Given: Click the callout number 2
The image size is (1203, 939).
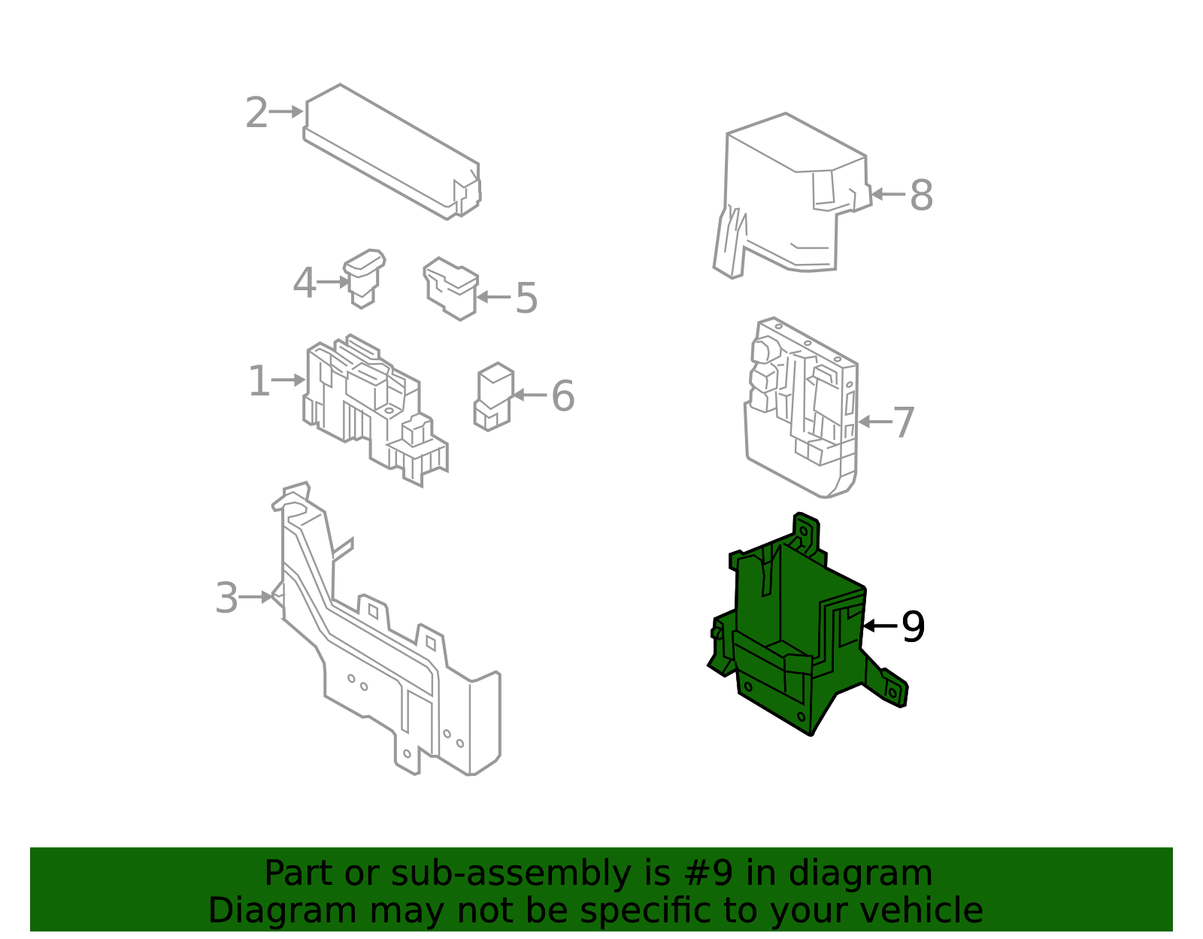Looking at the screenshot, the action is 256,113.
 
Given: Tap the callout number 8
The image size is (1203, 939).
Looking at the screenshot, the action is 921,195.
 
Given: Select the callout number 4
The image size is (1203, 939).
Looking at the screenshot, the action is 304,283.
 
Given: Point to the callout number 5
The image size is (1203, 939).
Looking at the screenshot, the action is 526,298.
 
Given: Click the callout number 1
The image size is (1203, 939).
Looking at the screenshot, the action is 259,380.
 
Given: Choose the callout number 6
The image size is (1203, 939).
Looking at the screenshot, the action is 563,396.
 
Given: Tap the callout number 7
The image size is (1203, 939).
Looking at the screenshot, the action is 904,423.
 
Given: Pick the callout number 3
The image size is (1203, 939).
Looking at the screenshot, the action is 226,598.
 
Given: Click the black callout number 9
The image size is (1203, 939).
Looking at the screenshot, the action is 913,626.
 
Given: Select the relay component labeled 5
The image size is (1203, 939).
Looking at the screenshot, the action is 450,288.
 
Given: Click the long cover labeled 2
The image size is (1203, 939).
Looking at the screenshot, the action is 392,152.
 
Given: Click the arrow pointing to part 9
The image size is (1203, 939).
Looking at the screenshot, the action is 880,625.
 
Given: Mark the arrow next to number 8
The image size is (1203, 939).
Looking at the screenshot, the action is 888,194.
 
